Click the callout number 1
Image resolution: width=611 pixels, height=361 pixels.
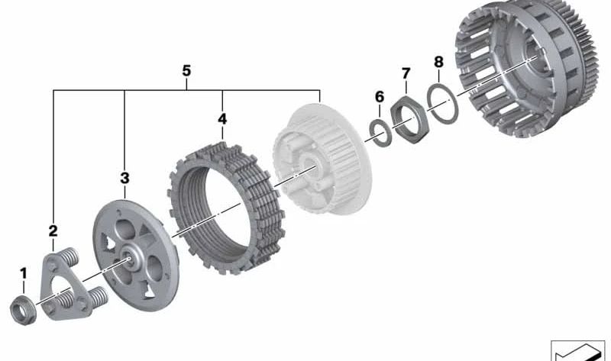pos(23,272)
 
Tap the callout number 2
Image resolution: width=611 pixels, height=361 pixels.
pos(53,230)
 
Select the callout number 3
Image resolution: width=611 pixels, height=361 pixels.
pos(124,178)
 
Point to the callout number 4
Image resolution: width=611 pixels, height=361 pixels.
pos(222,120)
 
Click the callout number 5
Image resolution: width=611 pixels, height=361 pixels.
pos(186,71)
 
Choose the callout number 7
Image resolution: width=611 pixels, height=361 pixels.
pos(406,73)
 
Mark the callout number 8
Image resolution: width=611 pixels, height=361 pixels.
pos(438,60)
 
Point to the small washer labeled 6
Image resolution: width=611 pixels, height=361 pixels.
pos(380,131)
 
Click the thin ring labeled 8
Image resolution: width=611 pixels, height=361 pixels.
pos(441,102)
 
